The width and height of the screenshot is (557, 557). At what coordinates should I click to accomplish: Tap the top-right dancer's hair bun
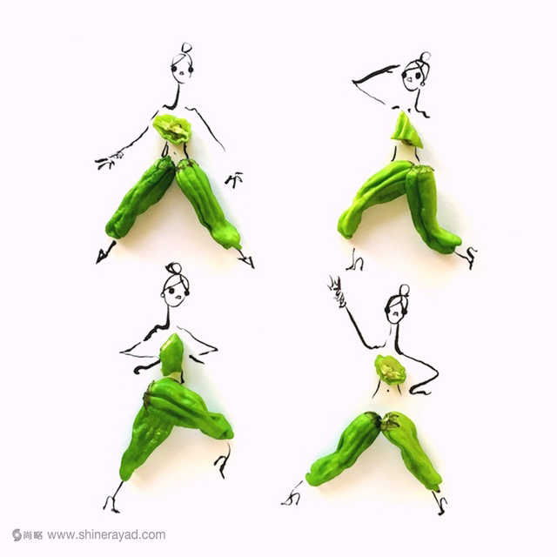pyautogui.click(x=425, y=57)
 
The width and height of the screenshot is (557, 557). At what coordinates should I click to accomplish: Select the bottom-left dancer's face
pyautogui.click(x=175, y=291)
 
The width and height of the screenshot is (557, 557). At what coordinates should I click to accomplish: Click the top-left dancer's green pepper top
pyautogui.click(x=173, y=128)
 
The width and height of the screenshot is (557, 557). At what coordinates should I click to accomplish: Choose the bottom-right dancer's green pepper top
pyautogui.click(x=391, y=370)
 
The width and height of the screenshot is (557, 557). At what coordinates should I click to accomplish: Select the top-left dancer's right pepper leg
pyautogui.click(x=207, y=203)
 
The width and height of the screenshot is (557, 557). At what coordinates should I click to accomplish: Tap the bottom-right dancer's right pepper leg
pyautogui.click(x=412, y=449)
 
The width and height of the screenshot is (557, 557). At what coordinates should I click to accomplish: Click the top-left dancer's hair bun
pyautogui.click(x=185, y=48)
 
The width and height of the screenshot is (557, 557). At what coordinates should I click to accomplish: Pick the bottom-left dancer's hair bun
pyautogui.click(x=172, y=269)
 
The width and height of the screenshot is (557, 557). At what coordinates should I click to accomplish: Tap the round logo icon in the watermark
pyautogui.click(x=17, y=534)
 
